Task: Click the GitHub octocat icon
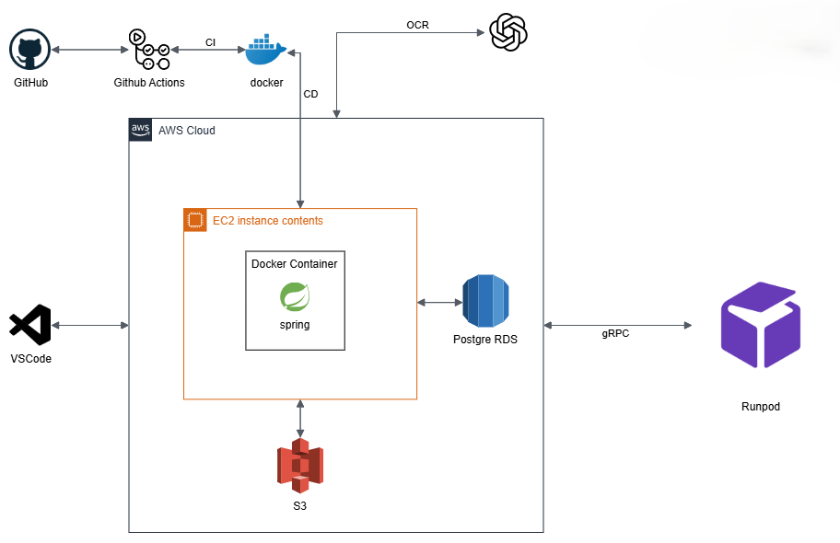pyautogui.click(x=29, y=49)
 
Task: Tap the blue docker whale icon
pyautogui.click(x=266, y=51)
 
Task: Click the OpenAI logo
pyautogui.click(x=508, y=33)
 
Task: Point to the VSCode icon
pyautogui.click(x=30, y=326)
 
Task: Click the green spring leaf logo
pyautogui.click(x=295, y=297)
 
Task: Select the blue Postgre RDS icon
pyautogui.click(x=485, y=301)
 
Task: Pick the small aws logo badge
pyautogui.click(x=140, y=130)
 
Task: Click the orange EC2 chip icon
pyautogui.click(x=194, y=220)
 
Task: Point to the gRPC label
pyautogui.click(x=615, y=334)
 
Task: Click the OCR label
pyautogui.click(x=417, y=25)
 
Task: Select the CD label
pyautogui.click(x=310, y=94)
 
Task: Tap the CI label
pyautogui.click(x=211, y=41)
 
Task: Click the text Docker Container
pyautogui.click(x=295, y=264)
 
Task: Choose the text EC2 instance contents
pyautogui.click(x=268, y=221)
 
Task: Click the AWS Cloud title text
pyautogui.click(x=187, y=131)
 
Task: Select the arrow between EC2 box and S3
pyautogui.click(x=300, y=419)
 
